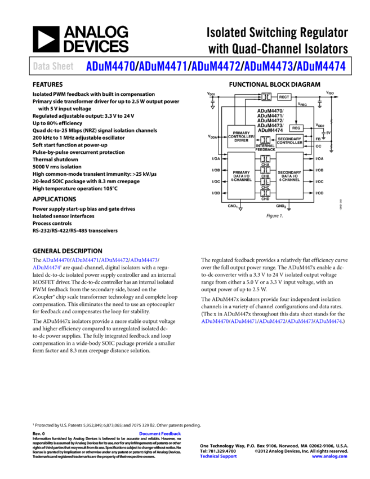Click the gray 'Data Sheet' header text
(53, 66)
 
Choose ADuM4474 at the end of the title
(321, 66)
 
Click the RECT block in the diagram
(284, 97)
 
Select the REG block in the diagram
(296, 128)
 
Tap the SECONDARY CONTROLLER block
(289, 141)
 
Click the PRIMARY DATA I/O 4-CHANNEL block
(241, 176)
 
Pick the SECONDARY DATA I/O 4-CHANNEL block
(289, 176)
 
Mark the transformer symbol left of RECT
(266, 97)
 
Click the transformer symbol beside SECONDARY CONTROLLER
(265, 140)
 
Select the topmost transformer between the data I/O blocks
(265, 159)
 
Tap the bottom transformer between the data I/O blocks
(265, 193)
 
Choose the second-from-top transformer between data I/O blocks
(265, 170)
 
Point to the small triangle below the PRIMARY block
(240, 209)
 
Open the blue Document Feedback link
(160, 434)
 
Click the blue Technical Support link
(218, 456)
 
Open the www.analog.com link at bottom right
(329, 456)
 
